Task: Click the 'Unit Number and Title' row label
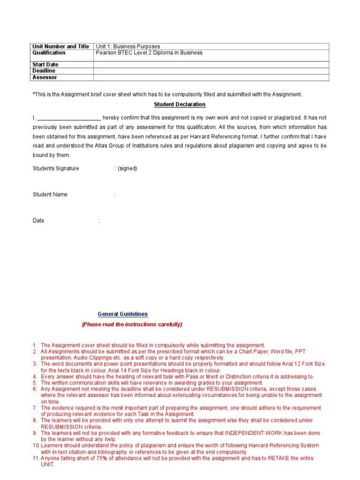pos(60,46)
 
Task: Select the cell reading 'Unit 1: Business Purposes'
pos(128,46)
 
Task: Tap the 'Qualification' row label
pos(49,53)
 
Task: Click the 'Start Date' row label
pos(45,65)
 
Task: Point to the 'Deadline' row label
pos(44,71)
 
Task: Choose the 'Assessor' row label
pos(45,77)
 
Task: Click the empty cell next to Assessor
pos(211,77)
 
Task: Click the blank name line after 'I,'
pos(69,118)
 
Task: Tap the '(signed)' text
pos(127,168)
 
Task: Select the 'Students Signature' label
pos(56,168)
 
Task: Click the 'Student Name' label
pos(50,195)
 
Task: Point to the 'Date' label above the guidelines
pos(38,221)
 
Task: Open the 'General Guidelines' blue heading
pos(123,314)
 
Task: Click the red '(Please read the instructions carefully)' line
pos(132,324)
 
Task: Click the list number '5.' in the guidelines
pos(35,383)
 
